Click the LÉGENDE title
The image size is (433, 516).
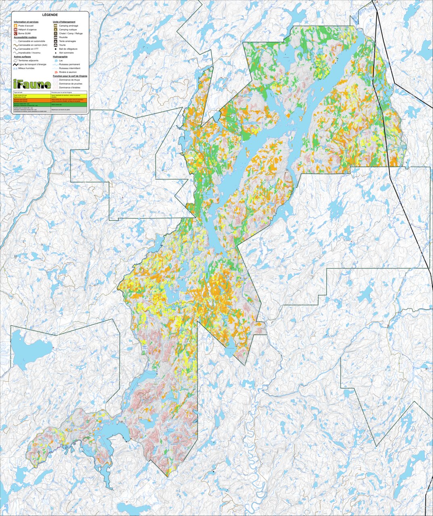(x=50, y=15)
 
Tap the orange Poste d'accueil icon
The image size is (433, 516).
(x=15, y=25)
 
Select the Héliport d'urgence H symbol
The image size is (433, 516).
(x=15, y=29)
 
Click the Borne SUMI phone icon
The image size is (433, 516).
(x=15, y=33)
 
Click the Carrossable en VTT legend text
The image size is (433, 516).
(x=29, y=49)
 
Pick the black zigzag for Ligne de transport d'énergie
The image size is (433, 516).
(x=15, y=64)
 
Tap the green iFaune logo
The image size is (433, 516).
(x=32, y=84)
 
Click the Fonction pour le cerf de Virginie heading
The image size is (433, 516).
(x=70, y=76)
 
